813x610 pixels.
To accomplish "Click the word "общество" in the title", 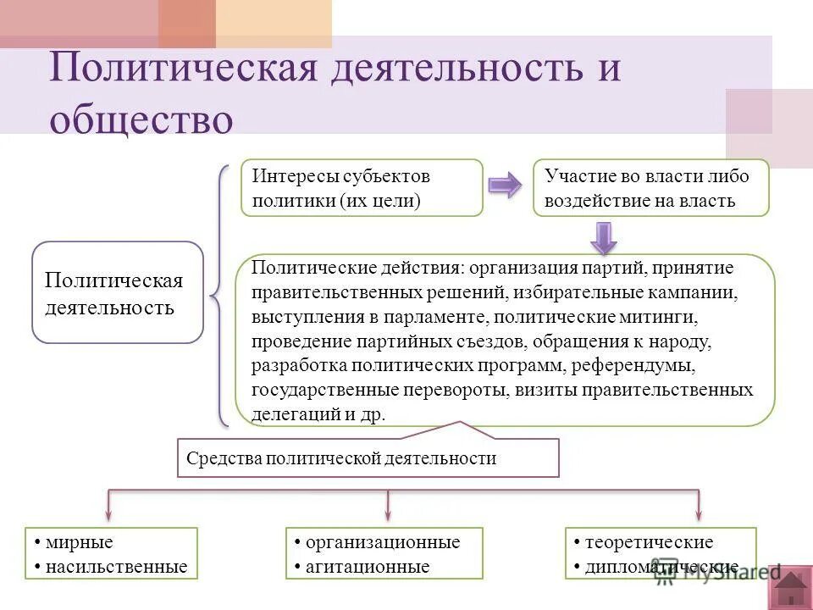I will click(141, 119).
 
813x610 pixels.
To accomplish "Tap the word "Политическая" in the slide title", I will click(185, 68).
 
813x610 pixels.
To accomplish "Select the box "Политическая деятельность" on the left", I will click(118, 292).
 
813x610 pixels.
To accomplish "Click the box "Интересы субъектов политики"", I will click(362, 187).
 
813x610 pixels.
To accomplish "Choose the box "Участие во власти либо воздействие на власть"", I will click(650, 187).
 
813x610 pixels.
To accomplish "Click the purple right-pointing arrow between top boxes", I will click(506, 186).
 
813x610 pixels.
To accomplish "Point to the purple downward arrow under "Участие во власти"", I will click(603, 236).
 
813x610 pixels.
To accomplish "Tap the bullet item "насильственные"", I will click(117, 566).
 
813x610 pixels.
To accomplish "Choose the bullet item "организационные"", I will click(383, 542).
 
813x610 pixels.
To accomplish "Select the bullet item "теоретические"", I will click(649, 542).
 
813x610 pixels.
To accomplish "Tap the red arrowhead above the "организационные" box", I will click(388, 514).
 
